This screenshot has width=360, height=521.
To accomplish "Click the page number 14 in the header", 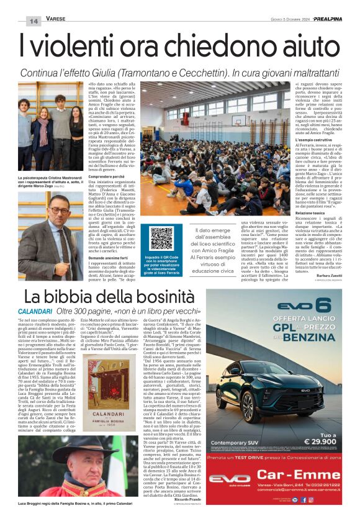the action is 33,20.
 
